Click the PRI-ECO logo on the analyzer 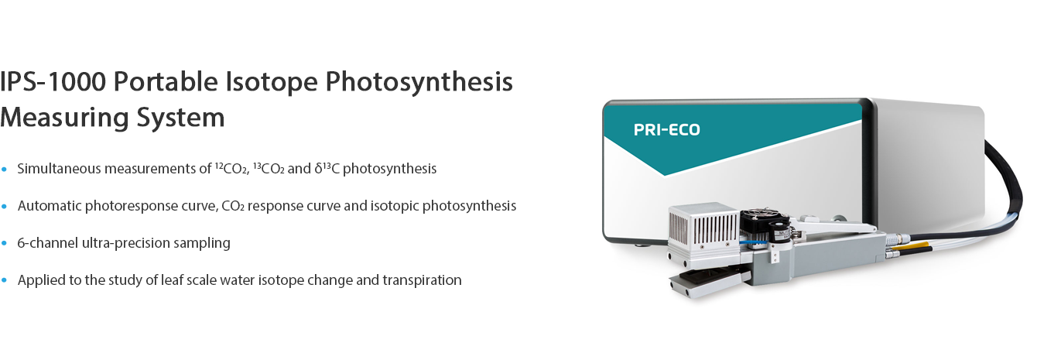pos(666,130)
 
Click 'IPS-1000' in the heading pos(53,82)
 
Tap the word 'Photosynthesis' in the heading pos(419,82)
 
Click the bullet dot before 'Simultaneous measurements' pos(4,169)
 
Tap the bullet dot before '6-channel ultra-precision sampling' pos(4,243)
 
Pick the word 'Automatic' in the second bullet pos(49,206)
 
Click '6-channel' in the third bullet pos(48,243)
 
